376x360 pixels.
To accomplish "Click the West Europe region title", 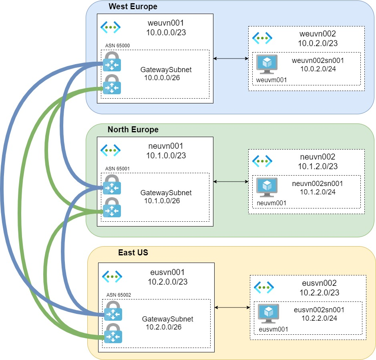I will [133, 6].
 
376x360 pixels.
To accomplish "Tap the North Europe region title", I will [133, 129].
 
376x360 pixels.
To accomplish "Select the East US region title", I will [133, 253].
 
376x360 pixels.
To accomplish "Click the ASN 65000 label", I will [117, 45].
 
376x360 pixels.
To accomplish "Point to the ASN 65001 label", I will [117, 168].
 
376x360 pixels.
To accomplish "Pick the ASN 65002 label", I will [119, 295].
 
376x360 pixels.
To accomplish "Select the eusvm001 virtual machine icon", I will [268, 313].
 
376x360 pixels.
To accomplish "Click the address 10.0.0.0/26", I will [162, 78].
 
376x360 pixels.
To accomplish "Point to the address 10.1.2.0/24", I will [318, 192].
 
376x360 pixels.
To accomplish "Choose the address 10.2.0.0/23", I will [167, 282].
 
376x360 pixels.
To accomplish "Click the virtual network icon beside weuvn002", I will [262, 38].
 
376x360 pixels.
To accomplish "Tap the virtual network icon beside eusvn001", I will [112, 277].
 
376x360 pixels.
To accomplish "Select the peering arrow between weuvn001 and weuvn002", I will [231, 59].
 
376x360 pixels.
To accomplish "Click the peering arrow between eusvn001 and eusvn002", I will [232, 308].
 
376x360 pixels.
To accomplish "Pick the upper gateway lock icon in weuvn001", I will [112, 61].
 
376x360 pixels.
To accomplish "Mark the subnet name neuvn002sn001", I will [318, 184].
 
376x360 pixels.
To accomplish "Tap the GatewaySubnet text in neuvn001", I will [166, 193].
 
